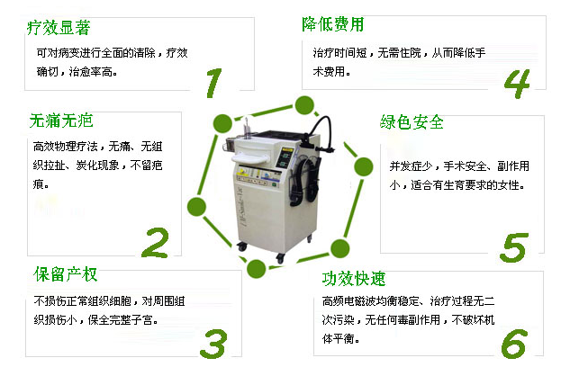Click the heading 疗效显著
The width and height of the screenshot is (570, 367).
pyautogui.click(x=59, y=28)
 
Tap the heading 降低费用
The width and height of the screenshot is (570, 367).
pyautogui.click(x=332, y=24)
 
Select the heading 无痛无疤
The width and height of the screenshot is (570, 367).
pyautogui.click(x=61, y=121)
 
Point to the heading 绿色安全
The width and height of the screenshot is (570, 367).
pyautogui.click(x=412, y=122)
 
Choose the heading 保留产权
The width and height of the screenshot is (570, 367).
pyautogui.click(x=66, y=274)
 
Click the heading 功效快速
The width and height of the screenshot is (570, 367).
pyautogui.click(x=354, y=279)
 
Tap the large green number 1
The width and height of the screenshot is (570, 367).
pyautogui.click(x=213, y=83)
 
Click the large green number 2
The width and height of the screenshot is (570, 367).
pyautogui.click(x=156, y=243)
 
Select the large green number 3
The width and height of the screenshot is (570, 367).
pyautogui.click(x=213, y=344)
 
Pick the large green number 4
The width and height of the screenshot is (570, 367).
pyautogui.click(x=517, y=84)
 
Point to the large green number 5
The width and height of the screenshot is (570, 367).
pyautogui.click(x=514, y=247)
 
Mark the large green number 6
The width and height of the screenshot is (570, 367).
pyautogui.click(x=514, y=344)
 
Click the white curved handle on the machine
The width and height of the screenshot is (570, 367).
pyautogui.click(x=250, y=158)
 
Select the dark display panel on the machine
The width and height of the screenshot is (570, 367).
pyautogui.click(x=285, y=158)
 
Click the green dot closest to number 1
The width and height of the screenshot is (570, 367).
pyautogui.click(x=222, y=123)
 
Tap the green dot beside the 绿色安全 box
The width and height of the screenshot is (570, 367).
pyautogui.click(x=363, y=167)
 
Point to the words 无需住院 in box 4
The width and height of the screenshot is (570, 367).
pyautogui.click(x=399, y=53)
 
